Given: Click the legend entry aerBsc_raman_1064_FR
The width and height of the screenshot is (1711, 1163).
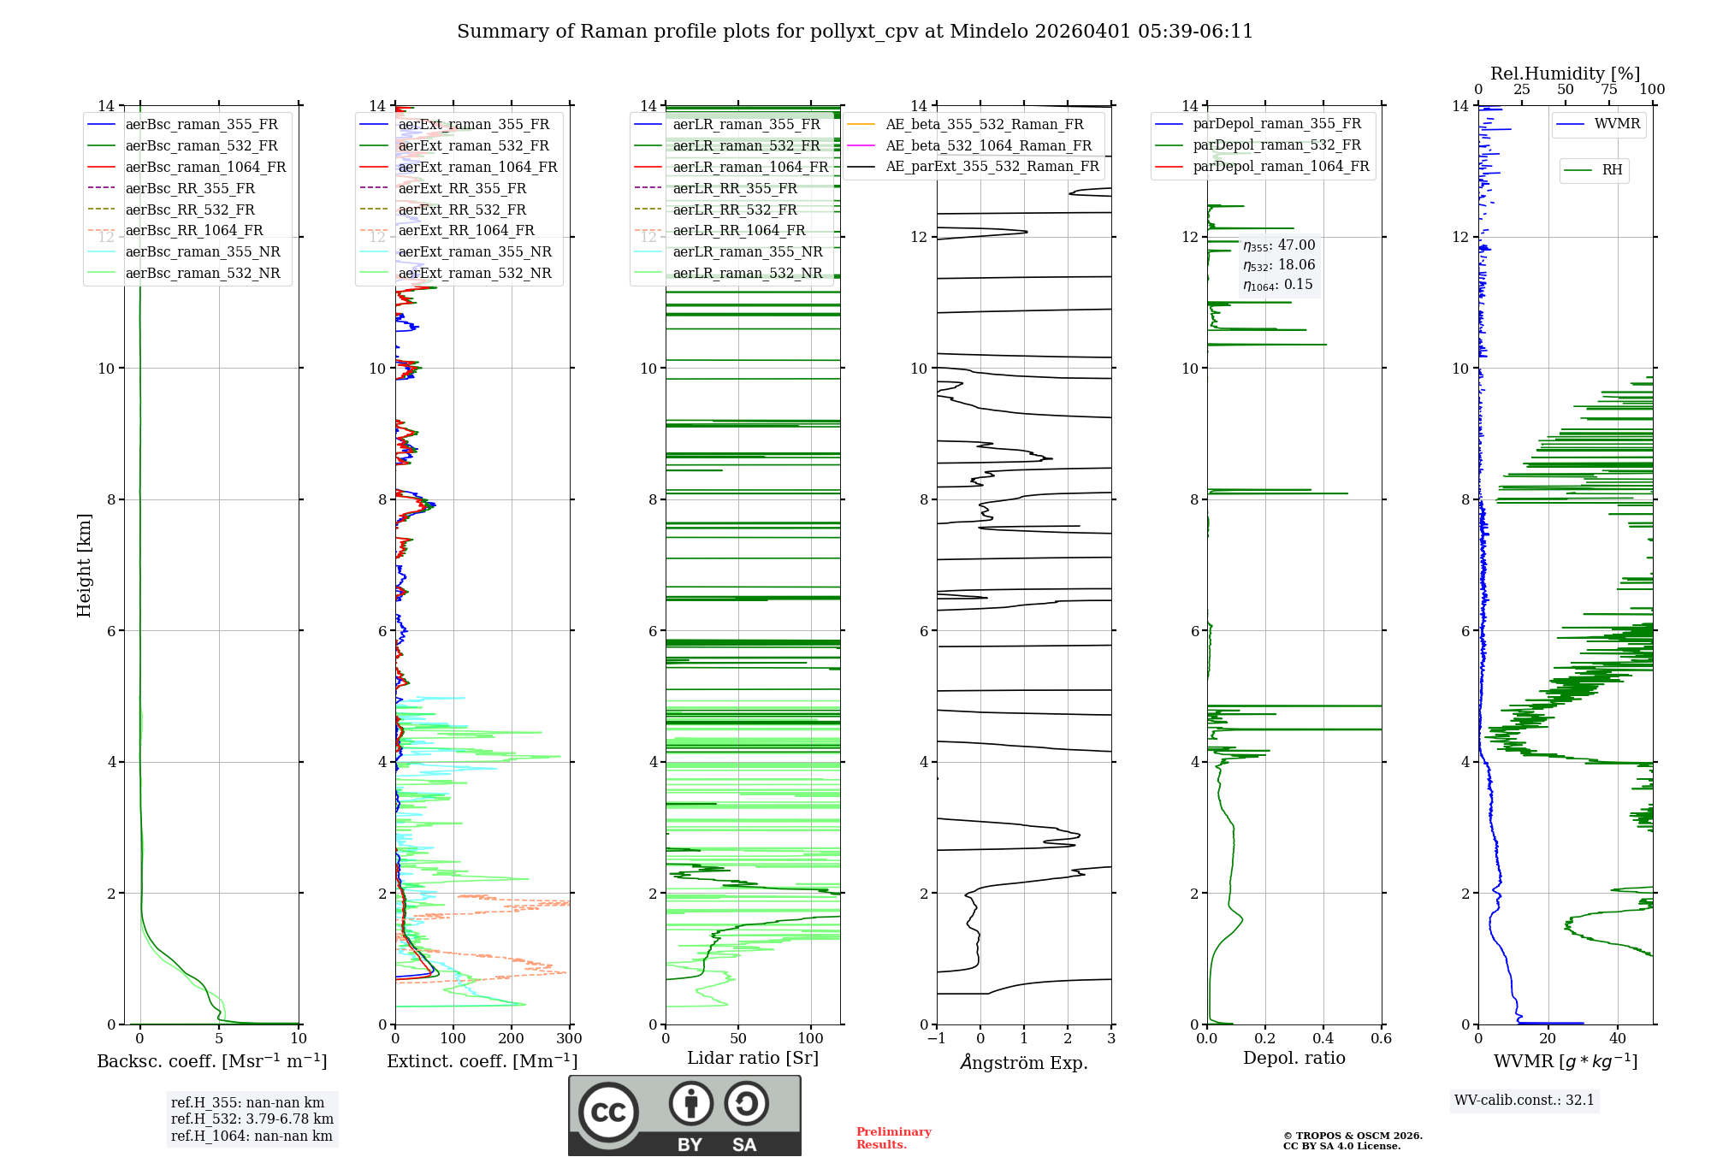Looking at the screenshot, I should click(x=205, y=167).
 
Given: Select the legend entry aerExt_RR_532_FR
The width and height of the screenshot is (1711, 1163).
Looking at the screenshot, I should click(x=462, y=210).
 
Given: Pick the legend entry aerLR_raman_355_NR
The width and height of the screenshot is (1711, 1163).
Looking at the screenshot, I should click(x=747, y=251).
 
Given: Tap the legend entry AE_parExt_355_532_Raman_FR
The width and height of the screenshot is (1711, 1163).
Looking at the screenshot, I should click(x=992, y=166).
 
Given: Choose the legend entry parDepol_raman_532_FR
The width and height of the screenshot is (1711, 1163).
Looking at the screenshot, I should click(x=1276, y=145).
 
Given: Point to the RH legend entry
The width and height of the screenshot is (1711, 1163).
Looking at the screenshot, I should click(x=1612, y=170).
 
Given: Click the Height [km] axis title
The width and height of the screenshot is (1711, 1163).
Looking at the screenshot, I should click(x=84, y=565).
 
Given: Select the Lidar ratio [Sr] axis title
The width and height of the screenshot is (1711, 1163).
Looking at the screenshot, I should click(x=753, y=1058).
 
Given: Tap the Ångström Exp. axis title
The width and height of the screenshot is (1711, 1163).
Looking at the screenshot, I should click(x=1024, y=1062).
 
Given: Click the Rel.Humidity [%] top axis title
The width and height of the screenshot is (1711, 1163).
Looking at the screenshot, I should click(x=1565, y=74).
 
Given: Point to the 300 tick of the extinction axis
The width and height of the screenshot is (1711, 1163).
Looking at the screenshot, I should click(x=569, y=1038).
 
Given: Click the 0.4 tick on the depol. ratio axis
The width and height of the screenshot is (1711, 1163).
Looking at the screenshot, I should click(x=1323, y=1038).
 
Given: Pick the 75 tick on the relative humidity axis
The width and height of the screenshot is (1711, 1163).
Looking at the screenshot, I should click(x=1609, y=89).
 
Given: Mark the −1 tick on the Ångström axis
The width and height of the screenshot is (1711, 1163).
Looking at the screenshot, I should click(x=937, y=1038).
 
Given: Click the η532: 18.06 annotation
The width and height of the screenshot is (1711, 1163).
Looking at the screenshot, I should click(x=1279, y=265).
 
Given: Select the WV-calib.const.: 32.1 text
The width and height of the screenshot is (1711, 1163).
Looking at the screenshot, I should click(x=1525, y=1100).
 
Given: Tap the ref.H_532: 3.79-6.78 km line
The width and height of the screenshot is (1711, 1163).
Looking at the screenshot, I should click(x=252, y=1119).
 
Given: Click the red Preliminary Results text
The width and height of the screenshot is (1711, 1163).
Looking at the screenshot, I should click(x=893, y=1137).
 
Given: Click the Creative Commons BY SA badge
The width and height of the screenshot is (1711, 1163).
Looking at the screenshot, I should click(x=684, y=1115).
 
